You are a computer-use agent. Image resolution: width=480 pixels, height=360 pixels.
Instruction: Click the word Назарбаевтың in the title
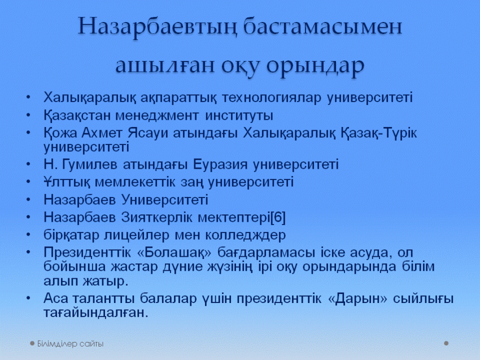click(x=158, y=28)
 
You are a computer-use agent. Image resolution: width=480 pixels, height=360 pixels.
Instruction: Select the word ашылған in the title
click(x=165, y=65)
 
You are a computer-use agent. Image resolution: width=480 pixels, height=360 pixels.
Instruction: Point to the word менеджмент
click(x=158, y=116)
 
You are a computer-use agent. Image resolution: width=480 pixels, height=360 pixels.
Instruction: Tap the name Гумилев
click(x=90, y=165)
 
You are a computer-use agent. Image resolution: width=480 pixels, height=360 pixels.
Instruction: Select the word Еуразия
click(x=220, y=165)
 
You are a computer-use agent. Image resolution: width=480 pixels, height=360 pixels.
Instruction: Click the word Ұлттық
click(x=67, y=182)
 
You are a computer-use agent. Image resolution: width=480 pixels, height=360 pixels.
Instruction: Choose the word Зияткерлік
click(x=157, y=218)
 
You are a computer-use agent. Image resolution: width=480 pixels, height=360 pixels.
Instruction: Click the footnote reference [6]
click(x=278, y=218)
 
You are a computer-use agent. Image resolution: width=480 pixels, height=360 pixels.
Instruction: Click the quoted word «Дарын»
click(x=357, y=299)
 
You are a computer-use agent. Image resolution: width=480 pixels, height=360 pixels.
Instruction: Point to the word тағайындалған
click(x=96, y=313)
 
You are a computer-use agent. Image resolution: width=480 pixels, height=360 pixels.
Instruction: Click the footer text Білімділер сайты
click(x=71, y=344)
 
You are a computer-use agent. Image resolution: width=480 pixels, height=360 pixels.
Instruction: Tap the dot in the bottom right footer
click(x=446, y=344)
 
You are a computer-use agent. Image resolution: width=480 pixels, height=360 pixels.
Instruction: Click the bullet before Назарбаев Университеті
click(x=28, y=200)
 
